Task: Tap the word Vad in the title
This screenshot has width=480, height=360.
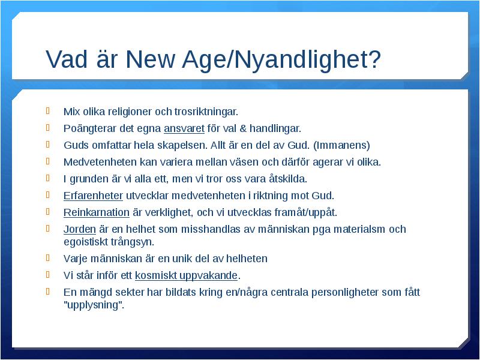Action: pyautogui.click(x=67, y=58)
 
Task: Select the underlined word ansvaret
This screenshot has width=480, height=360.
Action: pyautogui.click(x=184, y=128)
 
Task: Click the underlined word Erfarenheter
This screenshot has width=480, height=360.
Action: pyautogui.click(x=93, y=196)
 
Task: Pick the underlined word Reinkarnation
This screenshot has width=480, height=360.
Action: pyautogui.click(x=97, y=212)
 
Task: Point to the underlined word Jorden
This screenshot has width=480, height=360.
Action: pyautogui.click(x=80, y=229)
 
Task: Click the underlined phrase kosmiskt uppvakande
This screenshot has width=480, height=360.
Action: pyautogui.click(x=186, y=275)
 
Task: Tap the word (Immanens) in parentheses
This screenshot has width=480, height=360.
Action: pyautogui.click(x=341, y=145)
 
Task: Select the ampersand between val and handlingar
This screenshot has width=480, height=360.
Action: pyautogui.click(x=243, y=128)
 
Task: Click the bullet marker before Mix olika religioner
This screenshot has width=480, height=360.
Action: pyautogui.click(x=48, y=110)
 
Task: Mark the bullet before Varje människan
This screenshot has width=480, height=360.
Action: pyautogui.click(x=48, y=257)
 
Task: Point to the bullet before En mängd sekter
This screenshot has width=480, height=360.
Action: pyautogui.click(x=48, y=291)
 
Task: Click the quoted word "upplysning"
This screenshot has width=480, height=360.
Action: pyautogui.click(x=94, y=305)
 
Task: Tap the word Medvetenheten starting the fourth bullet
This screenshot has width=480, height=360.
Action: pyautogui.click(x=100, y=161)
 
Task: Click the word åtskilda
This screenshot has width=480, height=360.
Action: pyautogui.click(x=288, y=178)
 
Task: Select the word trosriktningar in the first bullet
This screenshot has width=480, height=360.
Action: pyautogui.click(x=206, y=112)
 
